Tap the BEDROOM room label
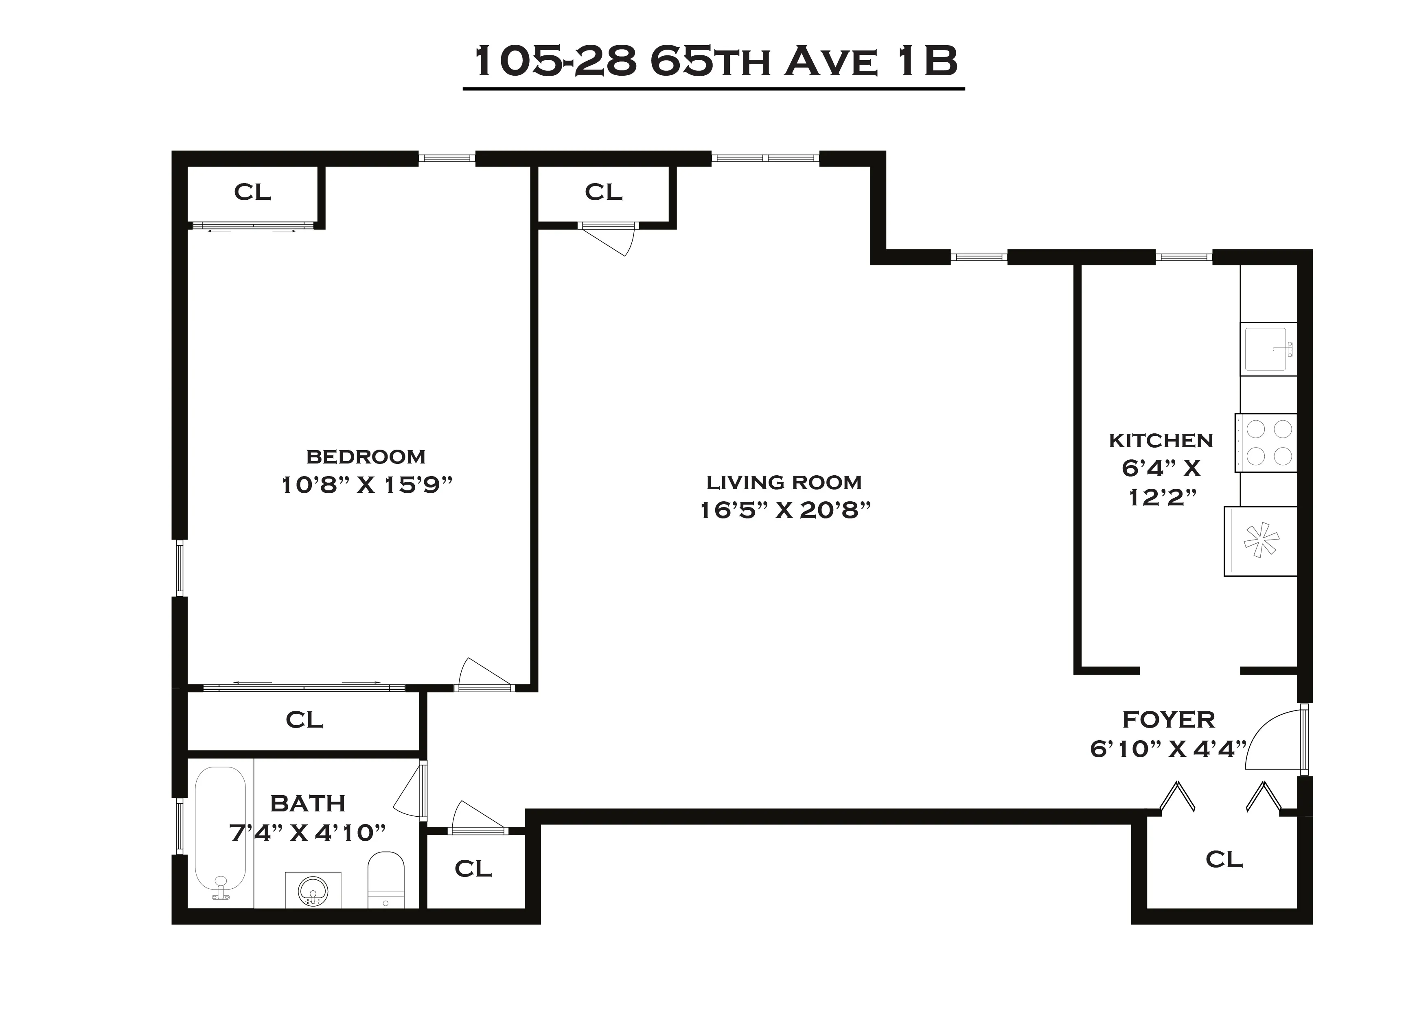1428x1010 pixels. [x=366, y=457]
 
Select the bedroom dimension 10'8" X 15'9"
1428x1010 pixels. [x=366, y=485]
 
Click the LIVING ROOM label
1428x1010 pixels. [x=784, y=483]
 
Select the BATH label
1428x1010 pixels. [x=308, y=804]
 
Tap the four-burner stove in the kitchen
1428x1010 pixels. [x=1266, y=443]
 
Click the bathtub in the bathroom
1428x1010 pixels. [x=220, y=833]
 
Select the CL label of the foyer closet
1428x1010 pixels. [x=1223, y=859]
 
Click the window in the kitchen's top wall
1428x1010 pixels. [x=1184, y=257]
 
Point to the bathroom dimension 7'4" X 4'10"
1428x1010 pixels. [x=308, y=832]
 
